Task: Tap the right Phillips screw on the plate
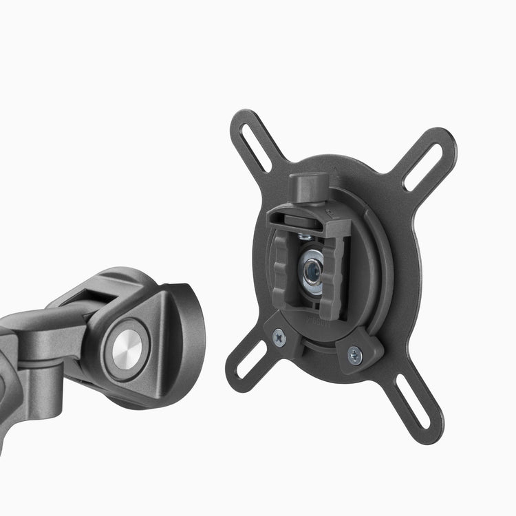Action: [x=354, y=355]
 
